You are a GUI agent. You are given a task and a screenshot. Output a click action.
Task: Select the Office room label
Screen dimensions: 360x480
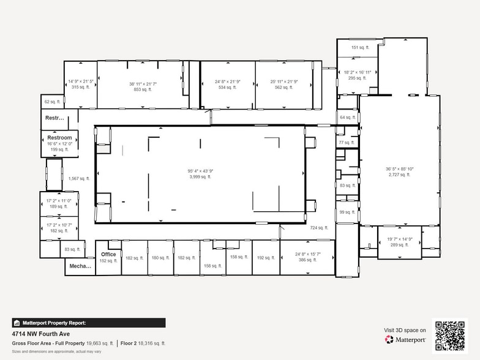pos(108,254)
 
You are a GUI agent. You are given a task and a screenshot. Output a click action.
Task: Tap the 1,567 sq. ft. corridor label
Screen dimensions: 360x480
pos(79,179)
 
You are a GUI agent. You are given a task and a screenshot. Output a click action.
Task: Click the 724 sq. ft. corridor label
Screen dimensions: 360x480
pos(319,228)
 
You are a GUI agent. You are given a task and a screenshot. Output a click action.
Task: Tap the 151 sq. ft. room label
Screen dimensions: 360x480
pos(358,47)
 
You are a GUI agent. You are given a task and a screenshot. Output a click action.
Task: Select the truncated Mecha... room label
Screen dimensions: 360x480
pos(80,266)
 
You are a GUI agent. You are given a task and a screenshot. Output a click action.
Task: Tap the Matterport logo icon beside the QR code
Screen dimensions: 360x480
pos(389,339)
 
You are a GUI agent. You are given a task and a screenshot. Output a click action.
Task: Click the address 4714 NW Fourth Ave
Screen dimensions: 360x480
pos(41,334)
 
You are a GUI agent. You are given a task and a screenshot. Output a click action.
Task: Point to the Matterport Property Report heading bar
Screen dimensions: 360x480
pos(89,323)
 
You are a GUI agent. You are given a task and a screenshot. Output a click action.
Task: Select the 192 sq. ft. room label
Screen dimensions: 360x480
pos(264,258)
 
